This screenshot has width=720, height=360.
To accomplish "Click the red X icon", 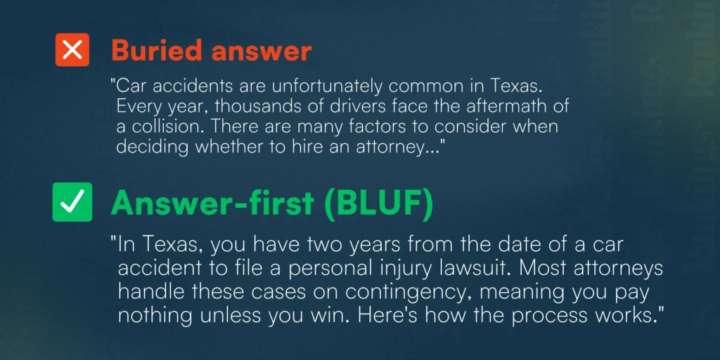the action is click(72, 50).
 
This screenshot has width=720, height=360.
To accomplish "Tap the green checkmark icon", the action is click(72, 202).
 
